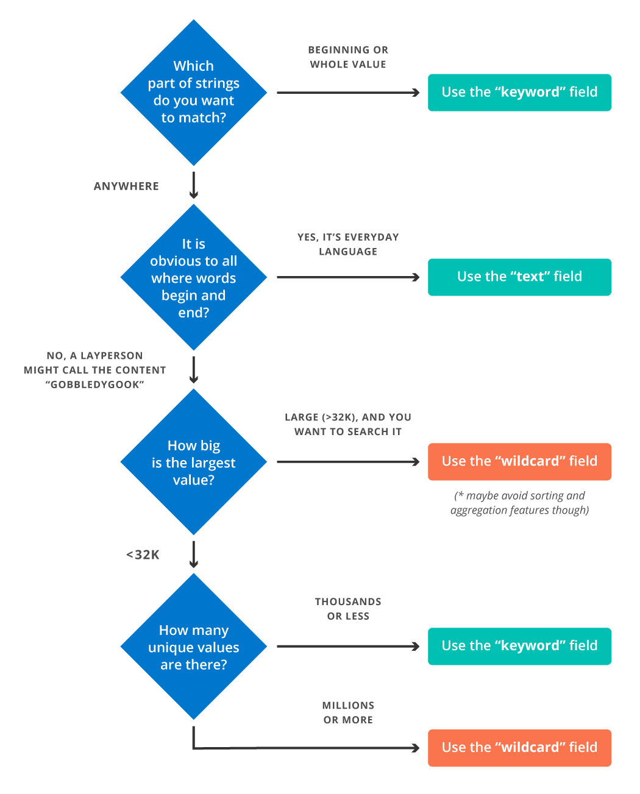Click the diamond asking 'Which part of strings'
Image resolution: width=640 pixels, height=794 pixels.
tap(194, 93)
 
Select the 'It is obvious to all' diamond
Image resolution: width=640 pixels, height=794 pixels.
tap(194, 277)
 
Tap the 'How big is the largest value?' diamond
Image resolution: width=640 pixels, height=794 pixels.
tap(194, 462)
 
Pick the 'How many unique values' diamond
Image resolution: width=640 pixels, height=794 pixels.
tap(194, 647)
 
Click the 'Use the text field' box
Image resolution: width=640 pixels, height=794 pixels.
tap(519, 277)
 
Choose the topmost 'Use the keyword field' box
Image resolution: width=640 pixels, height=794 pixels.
tap(519, 93)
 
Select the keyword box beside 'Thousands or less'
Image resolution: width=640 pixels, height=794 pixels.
tap(519, 647)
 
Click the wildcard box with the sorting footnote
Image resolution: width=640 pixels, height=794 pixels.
tap(519, 462)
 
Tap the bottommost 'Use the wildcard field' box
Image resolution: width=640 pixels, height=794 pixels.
tap(519, 748)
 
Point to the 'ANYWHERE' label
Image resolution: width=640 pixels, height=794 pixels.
tap(126, 186)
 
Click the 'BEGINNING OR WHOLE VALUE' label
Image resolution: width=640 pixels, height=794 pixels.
tap(348, 57)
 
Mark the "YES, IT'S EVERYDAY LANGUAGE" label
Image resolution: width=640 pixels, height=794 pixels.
tap(348, 244)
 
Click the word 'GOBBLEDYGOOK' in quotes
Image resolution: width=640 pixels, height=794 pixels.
tap(95, 385)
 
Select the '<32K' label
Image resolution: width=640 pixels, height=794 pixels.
tap(143, 555)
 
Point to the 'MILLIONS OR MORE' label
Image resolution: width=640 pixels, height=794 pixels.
tap(348, 712)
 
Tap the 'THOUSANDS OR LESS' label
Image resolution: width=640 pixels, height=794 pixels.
tap(348, 609)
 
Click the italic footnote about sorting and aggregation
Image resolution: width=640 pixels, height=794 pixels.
tap(519, 503)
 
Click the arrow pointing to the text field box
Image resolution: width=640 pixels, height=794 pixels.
tap(347, 277)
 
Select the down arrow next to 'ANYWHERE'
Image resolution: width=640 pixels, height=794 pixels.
tap(194, 185)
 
